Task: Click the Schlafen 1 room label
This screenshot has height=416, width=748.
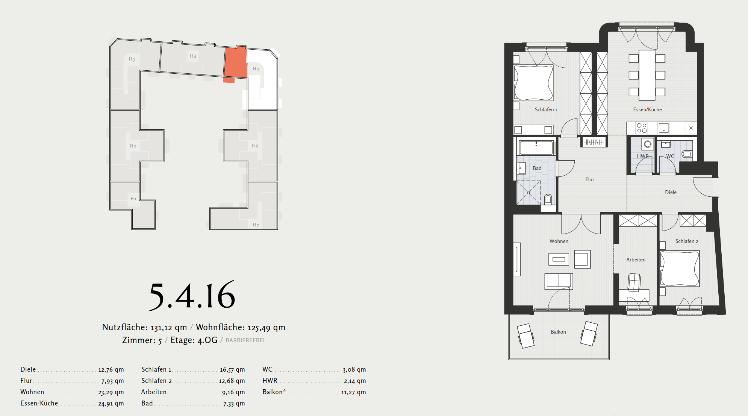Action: (546, 109)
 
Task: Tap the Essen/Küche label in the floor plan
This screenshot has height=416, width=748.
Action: (647, 109)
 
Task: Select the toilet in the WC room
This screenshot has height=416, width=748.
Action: (687, 154)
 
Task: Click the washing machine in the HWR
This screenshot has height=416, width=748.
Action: (647, 144)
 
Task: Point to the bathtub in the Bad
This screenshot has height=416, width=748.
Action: (536, 147)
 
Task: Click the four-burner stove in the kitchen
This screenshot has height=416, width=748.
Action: (642, 128)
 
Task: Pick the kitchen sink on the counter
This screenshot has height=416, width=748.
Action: (664, 128)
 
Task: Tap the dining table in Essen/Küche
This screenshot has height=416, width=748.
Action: (647, 75)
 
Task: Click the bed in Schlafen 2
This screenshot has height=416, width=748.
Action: (680, 269)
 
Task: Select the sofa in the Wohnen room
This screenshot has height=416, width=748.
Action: (559, 281)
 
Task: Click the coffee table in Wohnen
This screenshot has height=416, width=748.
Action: (559, 259)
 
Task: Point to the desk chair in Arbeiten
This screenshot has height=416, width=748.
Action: (634, 282)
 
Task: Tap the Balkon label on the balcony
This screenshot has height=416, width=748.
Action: (558, 332)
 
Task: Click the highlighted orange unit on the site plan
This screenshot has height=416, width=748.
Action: (236, 63)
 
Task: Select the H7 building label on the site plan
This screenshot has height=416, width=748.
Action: (256, 225)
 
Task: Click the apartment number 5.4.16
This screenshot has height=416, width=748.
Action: (192, 296)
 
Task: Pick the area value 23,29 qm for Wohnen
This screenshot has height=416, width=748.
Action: (111, 392)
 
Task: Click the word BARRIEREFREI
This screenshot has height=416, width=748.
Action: (245, 340)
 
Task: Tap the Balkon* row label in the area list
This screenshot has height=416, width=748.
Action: (274, 392)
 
